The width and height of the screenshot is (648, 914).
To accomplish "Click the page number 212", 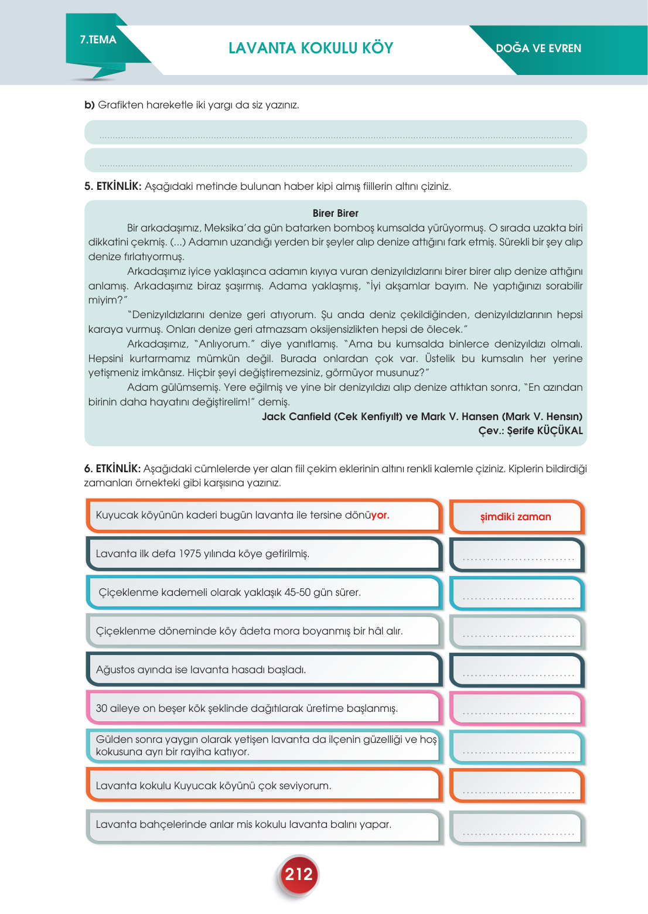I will click(x=299, y=874).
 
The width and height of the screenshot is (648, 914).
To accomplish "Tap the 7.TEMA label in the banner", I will click(x=98, y=40).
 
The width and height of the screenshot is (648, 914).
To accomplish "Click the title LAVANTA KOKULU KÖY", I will click(x=311, y=48).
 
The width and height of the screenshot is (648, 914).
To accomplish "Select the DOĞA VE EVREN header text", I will click(x=538, y=49).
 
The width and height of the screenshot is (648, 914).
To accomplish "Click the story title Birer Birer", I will click(x=335, y=213).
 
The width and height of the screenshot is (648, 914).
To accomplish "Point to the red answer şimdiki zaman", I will click(x=516, y=517).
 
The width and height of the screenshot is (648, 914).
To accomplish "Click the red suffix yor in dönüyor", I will click(x=380, y=515).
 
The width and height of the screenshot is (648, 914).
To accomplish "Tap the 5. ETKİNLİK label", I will click(x=112, y=186).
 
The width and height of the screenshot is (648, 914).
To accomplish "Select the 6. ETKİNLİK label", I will click(x=112, y=469).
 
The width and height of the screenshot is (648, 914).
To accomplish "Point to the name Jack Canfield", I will click(x=296, y=417).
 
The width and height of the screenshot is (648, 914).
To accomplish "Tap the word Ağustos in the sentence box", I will click(x=115, y=670).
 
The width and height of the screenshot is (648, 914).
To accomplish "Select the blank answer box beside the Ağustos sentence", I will click(x=517, y=670).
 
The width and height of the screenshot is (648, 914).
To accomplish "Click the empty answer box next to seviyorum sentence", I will click(x=517, y=786).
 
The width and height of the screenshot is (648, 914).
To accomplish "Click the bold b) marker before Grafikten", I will click(x=89, y=105).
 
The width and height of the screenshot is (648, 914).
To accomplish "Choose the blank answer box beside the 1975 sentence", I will click(x=517, y=554).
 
